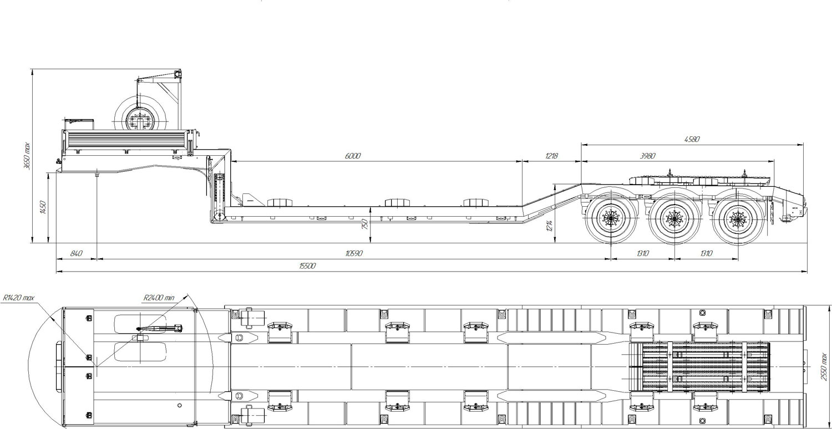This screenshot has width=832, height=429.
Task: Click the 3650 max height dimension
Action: tap(27, 156)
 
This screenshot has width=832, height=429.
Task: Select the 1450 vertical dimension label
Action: tap(43, 207)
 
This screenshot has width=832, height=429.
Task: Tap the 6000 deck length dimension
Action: tap(352, 156)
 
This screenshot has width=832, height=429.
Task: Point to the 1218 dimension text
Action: tap(551, 156)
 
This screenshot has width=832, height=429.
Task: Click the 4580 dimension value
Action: tap(692, 139)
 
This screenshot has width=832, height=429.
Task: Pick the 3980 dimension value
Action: tap(647, 156)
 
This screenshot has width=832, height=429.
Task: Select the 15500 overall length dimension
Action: tap(307, 265)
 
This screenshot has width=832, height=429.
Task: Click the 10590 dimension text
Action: tap(354, 253)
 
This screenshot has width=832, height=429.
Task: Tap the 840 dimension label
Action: tap(76, 253)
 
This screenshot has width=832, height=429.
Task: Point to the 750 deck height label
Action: tap(365, 224)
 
